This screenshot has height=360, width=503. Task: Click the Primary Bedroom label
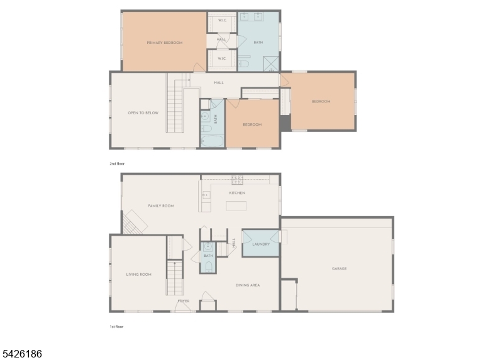pos(164,43)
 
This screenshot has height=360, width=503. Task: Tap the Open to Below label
pos(143,113)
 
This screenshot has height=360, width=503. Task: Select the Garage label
pos(339,269)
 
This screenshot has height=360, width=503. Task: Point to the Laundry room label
pos(260,244)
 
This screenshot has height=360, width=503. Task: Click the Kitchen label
pos(237,193)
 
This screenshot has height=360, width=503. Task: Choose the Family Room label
pos(161,206)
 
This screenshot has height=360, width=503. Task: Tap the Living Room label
pos(139,275)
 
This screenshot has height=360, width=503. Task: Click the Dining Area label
pos(248,285)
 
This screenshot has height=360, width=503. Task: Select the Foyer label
pos(183,301)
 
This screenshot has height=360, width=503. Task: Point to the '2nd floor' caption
pos(118,163)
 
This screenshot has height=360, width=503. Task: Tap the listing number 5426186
pos(21,354)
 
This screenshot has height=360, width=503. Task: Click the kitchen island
pos(236,206)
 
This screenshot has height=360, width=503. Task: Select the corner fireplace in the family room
pos(133,223)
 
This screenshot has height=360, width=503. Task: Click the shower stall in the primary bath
pos(271,63)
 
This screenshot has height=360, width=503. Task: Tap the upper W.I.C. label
pos(222,21)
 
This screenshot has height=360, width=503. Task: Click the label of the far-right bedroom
pos(321,102)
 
